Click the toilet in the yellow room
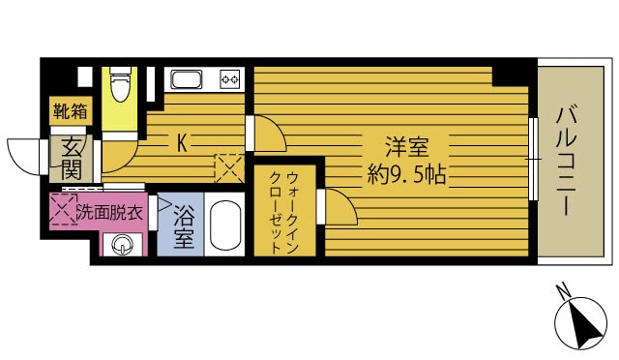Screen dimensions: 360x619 pos(119,86)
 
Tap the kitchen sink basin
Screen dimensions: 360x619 pos(187,78)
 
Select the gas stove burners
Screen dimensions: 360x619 pos(229,78)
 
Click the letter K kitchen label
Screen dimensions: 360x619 pos(181,142)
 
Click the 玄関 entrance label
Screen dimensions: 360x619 pos(71,159)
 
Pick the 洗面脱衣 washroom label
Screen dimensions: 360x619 pos(110,210)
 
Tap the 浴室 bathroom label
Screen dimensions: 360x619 pos(184,227)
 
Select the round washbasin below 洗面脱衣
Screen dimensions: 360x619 pos(121,248)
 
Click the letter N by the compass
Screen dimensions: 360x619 pos(562,289)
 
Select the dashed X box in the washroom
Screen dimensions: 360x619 pos(63,210)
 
